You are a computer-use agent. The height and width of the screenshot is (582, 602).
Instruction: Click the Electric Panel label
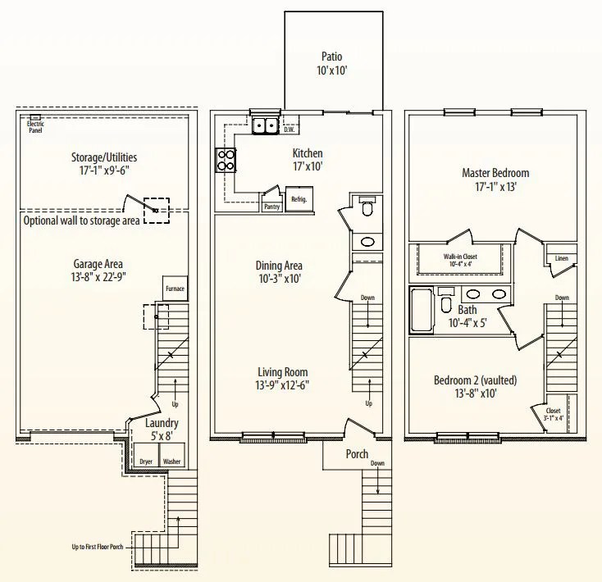point(35,127)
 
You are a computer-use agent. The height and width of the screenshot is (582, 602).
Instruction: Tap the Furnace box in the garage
point(175,288)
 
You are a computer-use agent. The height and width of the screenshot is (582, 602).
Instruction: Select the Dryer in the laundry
point(146,456)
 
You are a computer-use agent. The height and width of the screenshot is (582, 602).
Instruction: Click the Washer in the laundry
point(172,456)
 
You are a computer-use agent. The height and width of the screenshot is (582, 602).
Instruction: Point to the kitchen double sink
point(265,125)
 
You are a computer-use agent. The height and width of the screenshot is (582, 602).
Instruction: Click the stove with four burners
point(226,160)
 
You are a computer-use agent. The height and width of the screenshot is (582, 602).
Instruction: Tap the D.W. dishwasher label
point(290,130)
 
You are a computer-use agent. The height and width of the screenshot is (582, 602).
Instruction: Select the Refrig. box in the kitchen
point(299,199)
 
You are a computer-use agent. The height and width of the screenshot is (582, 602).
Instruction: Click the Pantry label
point(271,207)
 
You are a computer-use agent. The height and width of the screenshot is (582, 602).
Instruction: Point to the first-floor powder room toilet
point(367,207)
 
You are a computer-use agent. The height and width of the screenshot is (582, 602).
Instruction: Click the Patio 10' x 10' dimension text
point(332,70)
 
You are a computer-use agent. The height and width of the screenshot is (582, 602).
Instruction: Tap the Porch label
point(357,454)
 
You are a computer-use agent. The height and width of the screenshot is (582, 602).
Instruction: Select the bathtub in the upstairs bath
point(422,311)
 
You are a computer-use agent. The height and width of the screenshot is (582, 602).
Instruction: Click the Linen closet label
point(561,258)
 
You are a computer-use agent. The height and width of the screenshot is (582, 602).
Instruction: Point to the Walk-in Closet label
point(460,257)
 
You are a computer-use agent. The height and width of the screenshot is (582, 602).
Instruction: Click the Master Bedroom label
point(495,173)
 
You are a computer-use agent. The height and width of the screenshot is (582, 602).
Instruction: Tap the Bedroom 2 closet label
point(554,411)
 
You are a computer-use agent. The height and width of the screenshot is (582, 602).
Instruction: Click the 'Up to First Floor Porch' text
point(98,547)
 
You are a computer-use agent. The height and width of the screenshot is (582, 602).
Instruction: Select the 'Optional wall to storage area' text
point(81,221)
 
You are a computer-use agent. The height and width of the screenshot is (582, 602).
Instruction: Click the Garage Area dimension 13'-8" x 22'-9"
point(98,276)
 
